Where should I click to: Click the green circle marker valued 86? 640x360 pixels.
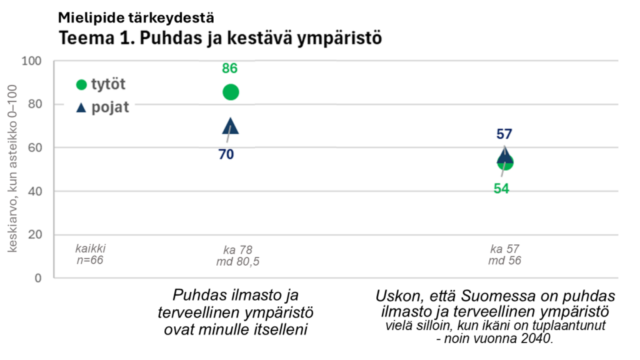(231, 92)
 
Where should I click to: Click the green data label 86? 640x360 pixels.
(230, 69)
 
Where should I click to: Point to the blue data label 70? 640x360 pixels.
(226, 154)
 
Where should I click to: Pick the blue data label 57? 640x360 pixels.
(504, 134)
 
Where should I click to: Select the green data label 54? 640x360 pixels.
(501, 188)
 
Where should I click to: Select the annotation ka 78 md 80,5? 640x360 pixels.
(237, 256)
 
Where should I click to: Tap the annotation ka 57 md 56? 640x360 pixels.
(504, 255)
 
